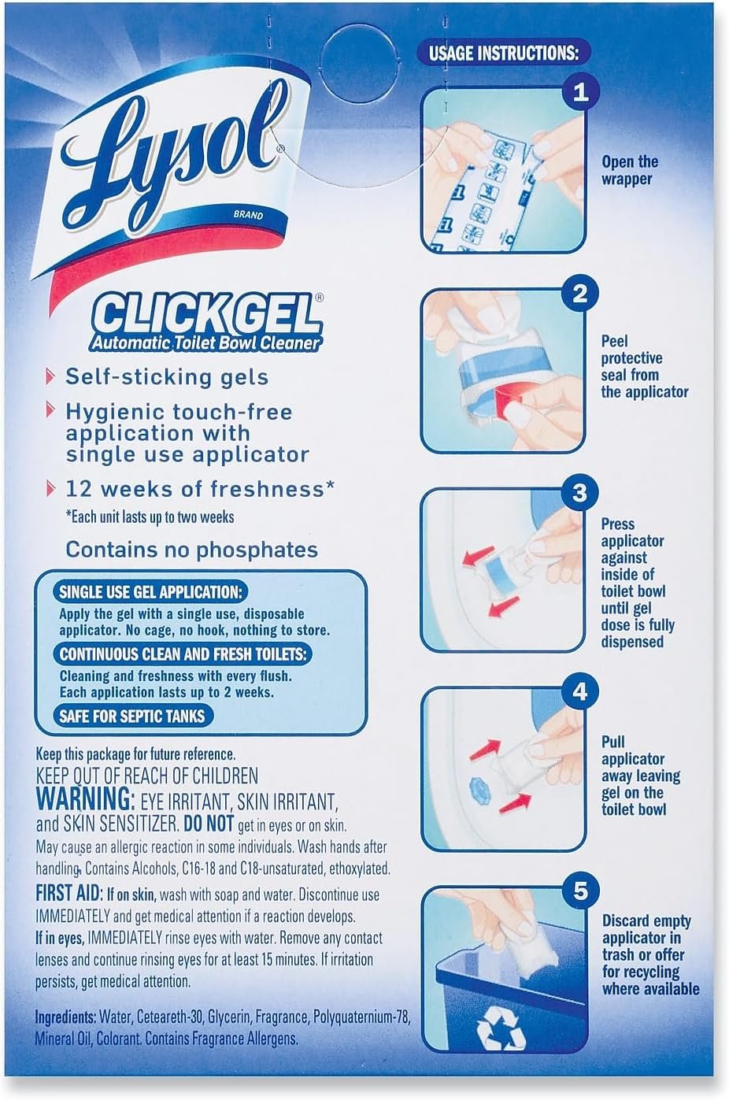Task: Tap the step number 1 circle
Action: click(x=580, y=92)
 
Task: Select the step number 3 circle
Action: click(x=579, y=493)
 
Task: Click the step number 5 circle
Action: click(x=580, y=891)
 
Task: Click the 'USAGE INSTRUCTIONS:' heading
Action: click(x=503, y=53)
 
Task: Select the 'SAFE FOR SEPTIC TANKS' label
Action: click(x=131, y=716)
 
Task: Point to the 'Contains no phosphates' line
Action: click(x=192, y=549)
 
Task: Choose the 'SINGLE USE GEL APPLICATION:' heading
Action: click(x=150, y=592)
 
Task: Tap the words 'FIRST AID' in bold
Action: click(x=68, y=892)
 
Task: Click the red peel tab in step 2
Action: click(x=507, y=399)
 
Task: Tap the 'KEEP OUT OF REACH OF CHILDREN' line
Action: click(x=146, y=776)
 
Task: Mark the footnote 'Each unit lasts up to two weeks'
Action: click(x=150, y=517)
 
